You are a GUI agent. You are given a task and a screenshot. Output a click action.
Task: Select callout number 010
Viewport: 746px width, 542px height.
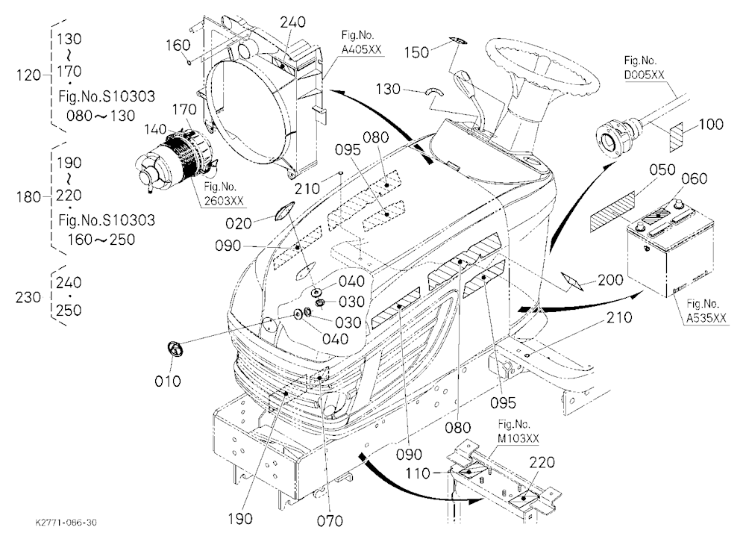168,381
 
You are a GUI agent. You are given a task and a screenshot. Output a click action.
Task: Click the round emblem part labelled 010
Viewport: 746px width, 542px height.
175,349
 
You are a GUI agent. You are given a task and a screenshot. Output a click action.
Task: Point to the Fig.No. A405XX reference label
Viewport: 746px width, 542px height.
361,42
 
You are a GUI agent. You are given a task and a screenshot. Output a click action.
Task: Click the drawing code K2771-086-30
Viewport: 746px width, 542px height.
66,523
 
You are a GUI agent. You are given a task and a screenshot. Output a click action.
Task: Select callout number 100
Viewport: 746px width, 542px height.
711,125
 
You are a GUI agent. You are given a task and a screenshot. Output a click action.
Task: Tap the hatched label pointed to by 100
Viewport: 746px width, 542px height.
676,137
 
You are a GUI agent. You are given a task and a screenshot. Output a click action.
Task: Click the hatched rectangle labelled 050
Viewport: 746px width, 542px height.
612,212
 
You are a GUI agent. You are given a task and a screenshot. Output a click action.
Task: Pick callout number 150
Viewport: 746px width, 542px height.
417,52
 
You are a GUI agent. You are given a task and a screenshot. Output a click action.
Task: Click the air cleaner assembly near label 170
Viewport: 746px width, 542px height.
174,156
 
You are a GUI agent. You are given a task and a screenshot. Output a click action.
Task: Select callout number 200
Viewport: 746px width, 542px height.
610,279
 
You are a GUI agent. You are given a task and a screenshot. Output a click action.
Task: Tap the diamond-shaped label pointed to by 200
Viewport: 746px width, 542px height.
572,281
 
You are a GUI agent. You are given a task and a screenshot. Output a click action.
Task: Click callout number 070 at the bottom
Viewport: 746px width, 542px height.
330,521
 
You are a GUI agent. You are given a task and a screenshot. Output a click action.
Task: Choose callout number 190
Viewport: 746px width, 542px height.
239,519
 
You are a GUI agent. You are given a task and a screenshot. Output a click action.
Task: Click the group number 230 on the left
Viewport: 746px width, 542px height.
28,297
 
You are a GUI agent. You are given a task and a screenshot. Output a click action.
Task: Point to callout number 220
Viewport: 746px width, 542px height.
542,462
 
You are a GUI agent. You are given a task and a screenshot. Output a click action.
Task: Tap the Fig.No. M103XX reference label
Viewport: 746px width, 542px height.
518,431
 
